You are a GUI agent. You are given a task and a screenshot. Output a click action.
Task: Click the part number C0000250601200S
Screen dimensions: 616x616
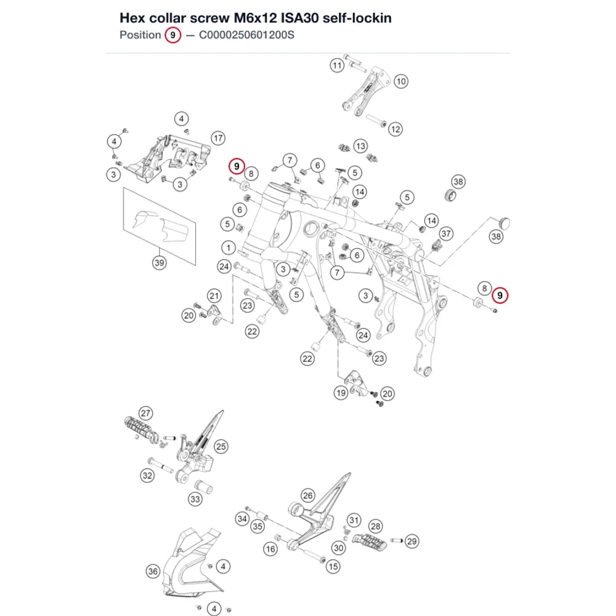tap(246, 35)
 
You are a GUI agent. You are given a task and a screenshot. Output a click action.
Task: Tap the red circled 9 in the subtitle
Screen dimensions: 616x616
tap(172, 35)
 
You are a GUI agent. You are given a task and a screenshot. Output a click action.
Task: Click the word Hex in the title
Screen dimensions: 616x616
tap(133, 18)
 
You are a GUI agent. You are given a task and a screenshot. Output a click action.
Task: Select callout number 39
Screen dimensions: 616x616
tap(159, 262)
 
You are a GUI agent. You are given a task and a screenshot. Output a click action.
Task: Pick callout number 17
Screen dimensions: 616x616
tap(218, 138)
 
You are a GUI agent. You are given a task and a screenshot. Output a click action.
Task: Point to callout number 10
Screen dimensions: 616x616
tap(401, 81)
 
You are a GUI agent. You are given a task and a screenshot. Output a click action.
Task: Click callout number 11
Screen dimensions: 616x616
tap(337, 65)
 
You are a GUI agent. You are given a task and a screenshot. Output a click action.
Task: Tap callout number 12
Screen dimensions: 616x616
tap(395, 129)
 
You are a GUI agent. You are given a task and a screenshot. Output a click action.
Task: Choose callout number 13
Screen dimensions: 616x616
tap(360, 146)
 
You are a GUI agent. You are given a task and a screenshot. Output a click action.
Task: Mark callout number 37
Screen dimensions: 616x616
tap(446, 233)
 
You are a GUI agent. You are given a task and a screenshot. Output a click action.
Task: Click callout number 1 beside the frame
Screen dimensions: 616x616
tap(229, 248)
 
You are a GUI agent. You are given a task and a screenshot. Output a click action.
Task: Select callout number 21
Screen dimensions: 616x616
tap(214, 296)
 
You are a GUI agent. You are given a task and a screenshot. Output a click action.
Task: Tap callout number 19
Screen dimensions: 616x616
tap(341, 392)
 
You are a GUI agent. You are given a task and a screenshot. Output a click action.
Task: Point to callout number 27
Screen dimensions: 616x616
tap(146, 413)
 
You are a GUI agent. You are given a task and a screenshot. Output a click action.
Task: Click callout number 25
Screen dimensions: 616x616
tap(221, 446)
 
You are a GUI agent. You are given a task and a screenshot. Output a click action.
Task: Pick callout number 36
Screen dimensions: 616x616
tap(153, 571)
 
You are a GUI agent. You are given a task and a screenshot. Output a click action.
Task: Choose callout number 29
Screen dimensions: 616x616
tap(411, 541)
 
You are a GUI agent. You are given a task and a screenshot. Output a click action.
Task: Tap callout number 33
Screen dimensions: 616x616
tap(195, 499)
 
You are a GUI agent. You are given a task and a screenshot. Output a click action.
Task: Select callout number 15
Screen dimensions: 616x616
tap(333, 567)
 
